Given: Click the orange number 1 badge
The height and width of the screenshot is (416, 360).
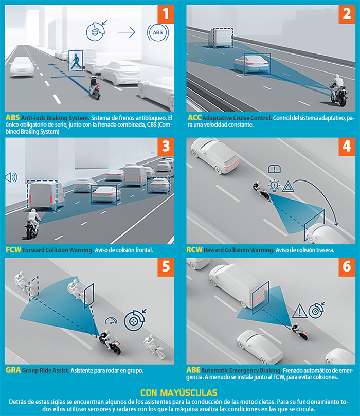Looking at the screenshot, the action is (x=166, y=14).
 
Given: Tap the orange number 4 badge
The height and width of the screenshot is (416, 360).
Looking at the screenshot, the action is (x=347, y=146).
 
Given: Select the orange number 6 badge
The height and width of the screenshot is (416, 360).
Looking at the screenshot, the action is (x=347, y=267).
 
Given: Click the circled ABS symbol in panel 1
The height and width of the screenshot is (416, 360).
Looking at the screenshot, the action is (x=158, y=32).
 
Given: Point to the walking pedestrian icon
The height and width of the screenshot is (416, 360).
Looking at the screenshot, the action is (x=76, y=61).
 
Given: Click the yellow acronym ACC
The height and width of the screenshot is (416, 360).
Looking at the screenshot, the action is (x=195, y=118).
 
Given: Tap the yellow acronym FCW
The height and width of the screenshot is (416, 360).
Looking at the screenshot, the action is (x=13, y=250).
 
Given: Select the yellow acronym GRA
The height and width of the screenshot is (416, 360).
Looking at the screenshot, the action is (x=13, y=370).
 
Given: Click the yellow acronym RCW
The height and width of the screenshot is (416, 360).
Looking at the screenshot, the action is (x=194, y=250).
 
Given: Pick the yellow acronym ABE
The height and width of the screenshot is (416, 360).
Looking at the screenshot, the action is (x=193, y=370).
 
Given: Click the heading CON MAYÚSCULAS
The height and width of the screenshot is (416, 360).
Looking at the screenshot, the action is (x=179, y=393).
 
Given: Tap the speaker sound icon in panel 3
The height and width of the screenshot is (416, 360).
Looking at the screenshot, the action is (x=11, y=177).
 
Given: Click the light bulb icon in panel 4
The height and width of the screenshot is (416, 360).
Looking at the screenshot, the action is (x=274, y=186).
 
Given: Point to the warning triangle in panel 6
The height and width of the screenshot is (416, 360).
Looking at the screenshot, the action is (x=299, y=311).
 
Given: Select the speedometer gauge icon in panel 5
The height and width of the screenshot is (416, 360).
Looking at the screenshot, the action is (x=111, y=321).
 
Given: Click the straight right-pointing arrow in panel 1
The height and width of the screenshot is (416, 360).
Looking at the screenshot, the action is (x=127, y=32).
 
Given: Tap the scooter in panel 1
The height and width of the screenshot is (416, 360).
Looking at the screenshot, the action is (x=94, y=88).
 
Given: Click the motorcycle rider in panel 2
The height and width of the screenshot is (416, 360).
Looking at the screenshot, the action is (x=338, y=89).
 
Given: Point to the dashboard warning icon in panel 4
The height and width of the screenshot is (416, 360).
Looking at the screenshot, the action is (x=274, y=169).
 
